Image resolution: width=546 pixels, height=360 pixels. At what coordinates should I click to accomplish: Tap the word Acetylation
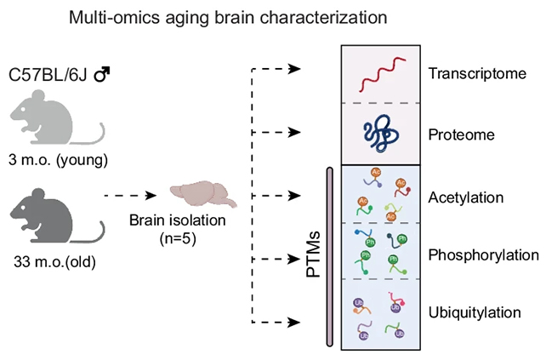pyautogui.click(x=468, y=197)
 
